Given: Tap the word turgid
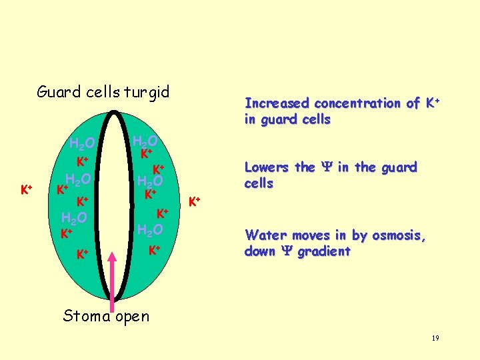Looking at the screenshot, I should point(146,92).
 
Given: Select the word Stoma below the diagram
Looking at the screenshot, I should point(85,316).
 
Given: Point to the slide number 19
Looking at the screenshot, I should point(435,339).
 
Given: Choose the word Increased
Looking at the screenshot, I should point(277,103).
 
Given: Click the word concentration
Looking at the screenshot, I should point(357,103).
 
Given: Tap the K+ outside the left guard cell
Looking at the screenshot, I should point(26,190).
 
